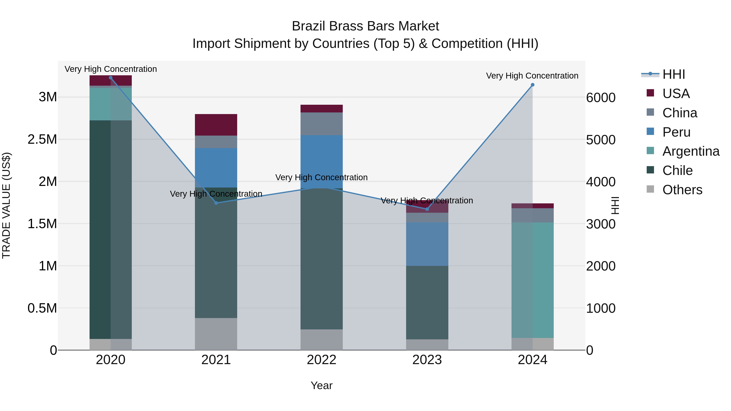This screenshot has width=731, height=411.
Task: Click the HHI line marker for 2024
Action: [532, 85]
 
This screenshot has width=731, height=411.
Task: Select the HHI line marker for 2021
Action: [216, 203]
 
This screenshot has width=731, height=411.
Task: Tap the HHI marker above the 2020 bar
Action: [111, 78]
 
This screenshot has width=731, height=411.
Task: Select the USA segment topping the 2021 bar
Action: [216, 125]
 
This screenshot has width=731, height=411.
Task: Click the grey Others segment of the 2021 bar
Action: [216, 334]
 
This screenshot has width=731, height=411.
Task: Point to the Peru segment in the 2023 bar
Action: [427, 244]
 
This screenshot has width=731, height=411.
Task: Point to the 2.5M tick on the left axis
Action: [42, 139]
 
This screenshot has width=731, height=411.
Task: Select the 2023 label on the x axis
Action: [427, 360]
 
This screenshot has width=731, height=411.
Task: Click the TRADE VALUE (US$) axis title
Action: [6, 205]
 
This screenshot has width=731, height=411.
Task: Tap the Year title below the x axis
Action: [321, 385]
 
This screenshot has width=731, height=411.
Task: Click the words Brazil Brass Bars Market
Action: [365, 26]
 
